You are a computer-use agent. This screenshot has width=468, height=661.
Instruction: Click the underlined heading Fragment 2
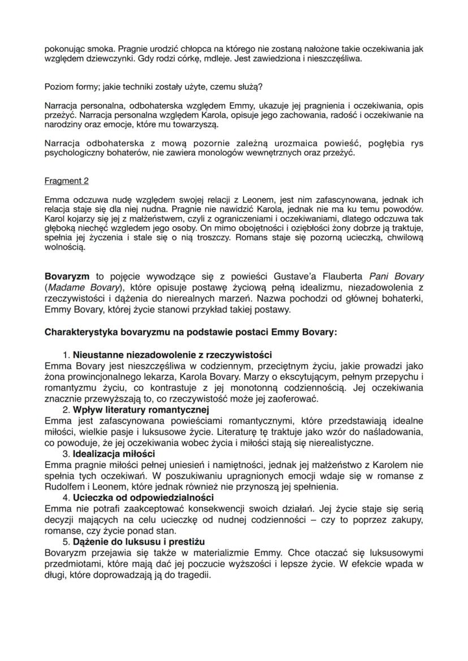pos(66,181)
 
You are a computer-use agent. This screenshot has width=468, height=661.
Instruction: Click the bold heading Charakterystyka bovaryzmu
pos(190,332)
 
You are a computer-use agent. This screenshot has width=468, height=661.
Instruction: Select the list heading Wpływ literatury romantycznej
pos(141,409)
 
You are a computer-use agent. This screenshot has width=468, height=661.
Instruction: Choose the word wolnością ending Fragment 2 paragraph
pos(65,247)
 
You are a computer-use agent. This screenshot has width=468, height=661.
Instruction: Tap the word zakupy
pos(404,519)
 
